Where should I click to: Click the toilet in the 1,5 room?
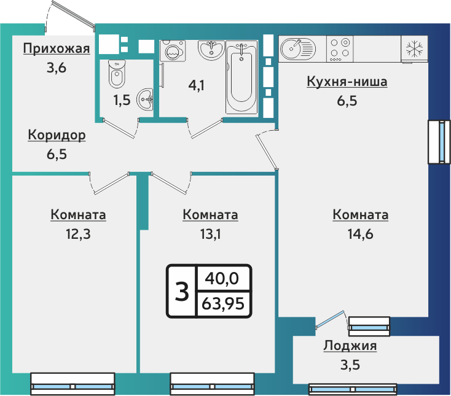[116, 74]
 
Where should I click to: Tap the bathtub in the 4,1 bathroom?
[243, 76]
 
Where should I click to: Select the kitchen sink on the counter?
[297, 48]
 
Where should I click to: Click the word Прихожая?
[57, 50]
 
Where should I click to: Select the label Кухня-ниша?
[347, 82]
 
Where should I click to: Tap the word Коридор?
[57, 135]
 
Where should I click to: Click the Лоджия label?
[350, 346]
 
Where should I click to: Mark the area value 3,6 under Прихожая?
[56, 68]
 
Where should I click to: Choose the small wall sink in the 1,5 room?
[146, 98]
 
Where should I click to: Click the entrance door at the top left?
[71, 15]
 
